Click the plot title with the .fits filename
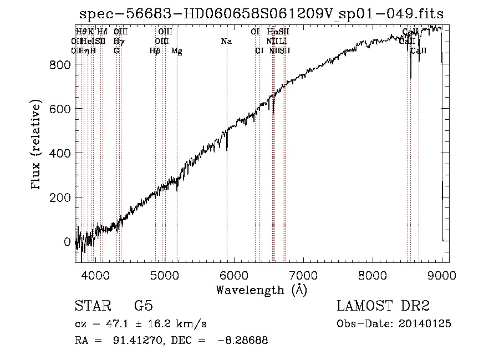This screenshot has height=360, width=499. click(261, 13)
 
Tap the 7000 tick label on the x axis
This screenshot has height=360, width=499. click(303, 274)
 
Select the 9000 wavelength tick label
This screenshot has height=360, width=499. click(442, 274)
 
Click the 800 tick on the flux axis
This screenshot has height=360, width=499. click(62, 65)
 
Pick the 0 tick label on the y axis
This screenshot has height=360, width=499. click(67, 242)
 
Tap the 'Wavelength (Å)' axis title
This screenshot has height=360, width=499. click(261, 290)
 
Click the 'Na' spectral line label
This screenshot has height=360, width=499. click(226, 41)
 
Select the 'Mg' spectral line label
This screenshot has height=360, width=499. click(177, 51)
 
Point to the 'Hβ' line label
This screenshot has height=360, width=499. click(155, 51)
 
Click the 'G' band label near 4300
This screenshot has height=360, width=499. click(116, 51)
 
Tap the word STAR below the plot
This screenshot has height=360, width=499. click(92, 306)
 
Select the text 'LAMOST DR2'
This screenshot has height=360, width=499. click(383, 306)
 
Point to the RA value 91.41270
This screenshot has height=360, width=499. click(135, 341)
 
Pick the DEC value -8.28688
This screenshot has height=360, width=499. click(243, 341)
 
